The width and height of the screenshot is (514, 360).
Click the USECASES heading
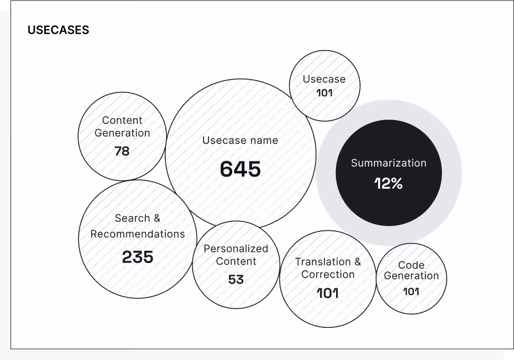coord(58,30)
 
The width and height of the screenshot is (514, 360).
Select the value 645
coord(240,169)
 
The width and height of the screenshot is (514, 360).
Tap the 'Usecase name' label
coord(240,140)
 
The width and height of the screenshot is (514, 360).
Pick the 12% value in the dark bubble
coord(389,183)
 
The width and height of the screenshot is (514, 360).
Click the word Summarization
coord(389,163)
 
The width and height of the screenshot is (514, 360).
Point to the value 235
coord(137,257)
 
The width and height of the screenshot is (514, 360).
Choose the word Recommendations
coord(137,234)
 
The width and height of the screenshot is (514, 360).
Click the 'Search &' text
coord(137,218)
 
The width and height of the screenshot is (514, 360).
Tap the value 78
coord(122,151)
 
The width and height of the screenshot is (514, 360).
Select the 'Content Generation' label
coord(122,127)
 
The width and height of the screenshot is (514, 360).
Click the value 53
coord(236,279)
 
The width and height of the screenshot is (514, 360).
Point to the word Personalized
coord(236,249)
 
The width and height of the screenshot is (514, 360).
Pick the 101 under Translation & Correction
coord(328,294)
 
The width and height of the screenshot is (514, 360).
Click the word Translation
coord(323,262)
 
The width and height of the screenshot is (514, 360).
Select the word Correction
coord(328,274)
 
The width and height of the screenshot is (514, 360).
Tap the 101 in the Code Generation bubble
coord(411,291)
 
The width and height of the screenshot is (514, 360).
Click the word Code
coord(411,265)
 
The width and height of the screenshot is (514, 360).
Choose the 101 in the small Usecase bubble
coord(324,93)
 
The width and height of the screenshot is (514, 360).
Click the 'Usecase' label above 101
coord(324,79)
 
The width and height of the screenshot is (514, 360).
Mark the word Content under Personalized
coord(236,261)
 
